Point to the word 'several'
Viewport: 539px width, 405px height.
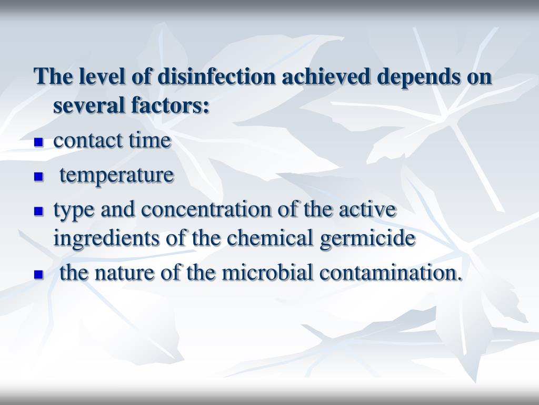[x=84, y=106]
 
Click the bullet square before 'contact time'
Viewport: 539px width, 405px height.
[x=38, y=142]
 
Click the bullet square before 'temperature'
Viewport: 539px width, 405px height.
[x=38, y=177]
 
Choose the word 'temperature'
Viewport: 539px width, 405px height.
[x=116, y=176]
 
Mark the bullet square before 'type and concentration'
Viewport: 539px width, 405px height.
[x=38, y=211]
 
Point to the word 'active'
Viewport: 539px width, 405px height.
[x=367, y=210]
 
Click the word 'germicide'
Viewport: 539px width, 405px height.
[x=367, y=239]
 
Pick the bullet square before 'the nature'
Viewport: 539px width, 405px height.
[x=38, y=275]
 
